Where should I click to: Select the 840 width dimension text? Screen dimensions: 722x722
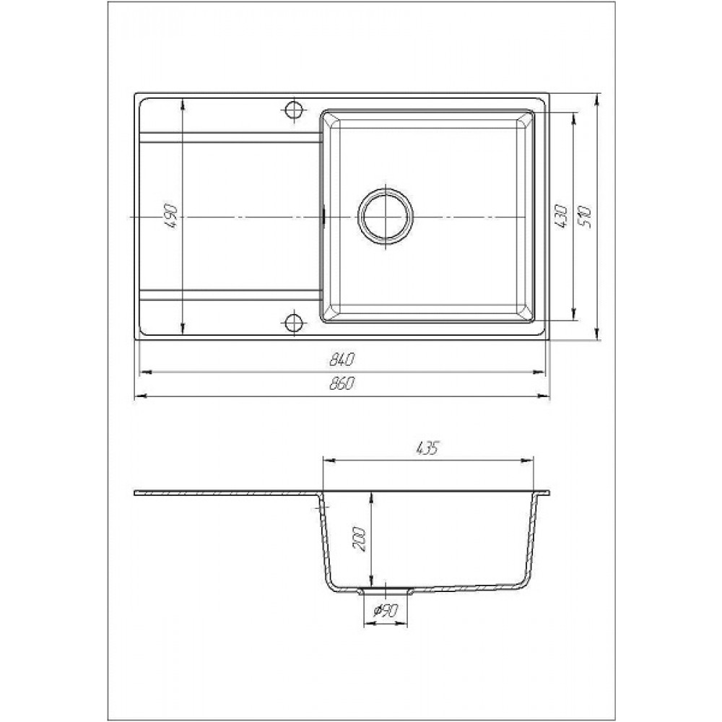[342, 359]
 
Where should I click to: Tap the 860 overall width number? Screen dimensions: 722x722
[342, 383]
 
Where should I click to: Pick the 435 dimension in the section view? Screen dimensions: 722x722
[427, 448]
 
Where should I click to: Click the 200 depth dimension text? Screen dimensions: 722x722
[359, 539]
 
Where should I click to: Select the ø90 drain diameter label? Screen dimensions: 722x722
[385, 611]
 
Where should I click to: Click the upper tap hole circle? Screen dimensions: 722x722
[293, 110]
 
